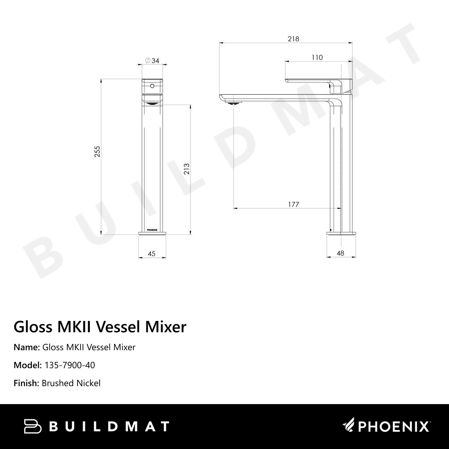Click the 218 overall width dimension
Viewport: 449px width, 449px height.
tap(293, 39)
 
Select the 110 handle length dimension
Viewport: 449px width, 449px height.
tap(317, 57)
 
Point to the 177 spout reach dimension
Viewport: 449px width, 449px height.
tap(293, 205)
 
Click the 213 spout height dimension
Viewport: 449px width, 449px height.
tap(187, 168)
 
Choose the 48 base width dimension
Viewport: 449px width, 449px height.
tap(340, 254)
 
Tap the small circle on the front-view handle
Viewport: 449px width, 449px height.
tap(152, 85)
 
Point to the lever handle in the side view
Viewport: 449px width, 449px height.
tap(314, 80)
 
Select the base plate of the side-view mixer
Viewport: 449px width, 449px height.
tap(341, 233)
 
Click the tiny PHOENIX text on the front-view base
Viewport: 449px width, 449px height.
tap(152, 233)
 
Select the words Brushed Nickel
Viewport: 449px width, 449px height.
tap(71, 383)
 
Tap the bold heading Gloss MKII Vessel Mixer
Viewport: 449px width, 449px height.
tap(100, 326)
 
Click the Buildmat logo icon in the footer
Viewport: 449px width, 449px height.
tap(33, 426)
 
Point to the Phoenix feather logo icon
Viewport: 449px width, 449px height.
tap(349, 424)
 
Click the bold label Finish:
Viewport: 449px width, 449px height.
tap(26, 383)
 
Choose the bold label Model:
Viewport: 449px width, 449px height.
tap(28, 365)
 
